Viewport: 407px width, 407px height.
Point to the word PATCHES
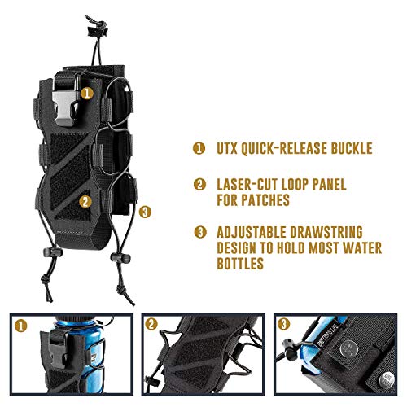(265, 200)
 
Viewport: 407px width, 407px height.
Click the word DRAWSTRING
(326, 232)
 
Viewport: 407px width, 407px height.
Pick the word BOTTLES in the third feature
(240, 263)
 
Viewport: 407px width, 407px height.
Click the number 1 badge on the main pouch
(87, 94)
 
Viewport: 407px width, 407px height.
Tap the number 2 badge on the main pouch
(85, 201)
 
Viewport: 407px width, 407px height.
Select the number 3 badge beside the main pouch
(145, 212)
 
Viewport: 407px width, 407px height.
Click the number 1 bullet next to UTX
(199, 148)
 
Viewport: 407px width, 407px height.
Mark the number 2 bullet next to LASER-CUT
(199, 185)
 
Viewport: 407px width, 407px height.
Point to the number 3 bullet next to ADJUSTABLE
(200, 232)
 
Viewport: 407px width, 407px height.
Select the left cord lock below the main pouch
(53, 252)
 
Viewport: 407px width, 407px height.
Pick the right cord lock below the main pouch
(120, 258)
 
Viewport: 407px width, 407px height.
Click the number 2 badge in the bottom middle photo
(151, 324)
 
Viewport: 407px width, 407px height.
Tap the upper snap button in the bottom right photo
(349, 348)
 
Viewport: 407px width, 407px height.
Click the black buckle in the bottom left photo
(59, 350)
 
